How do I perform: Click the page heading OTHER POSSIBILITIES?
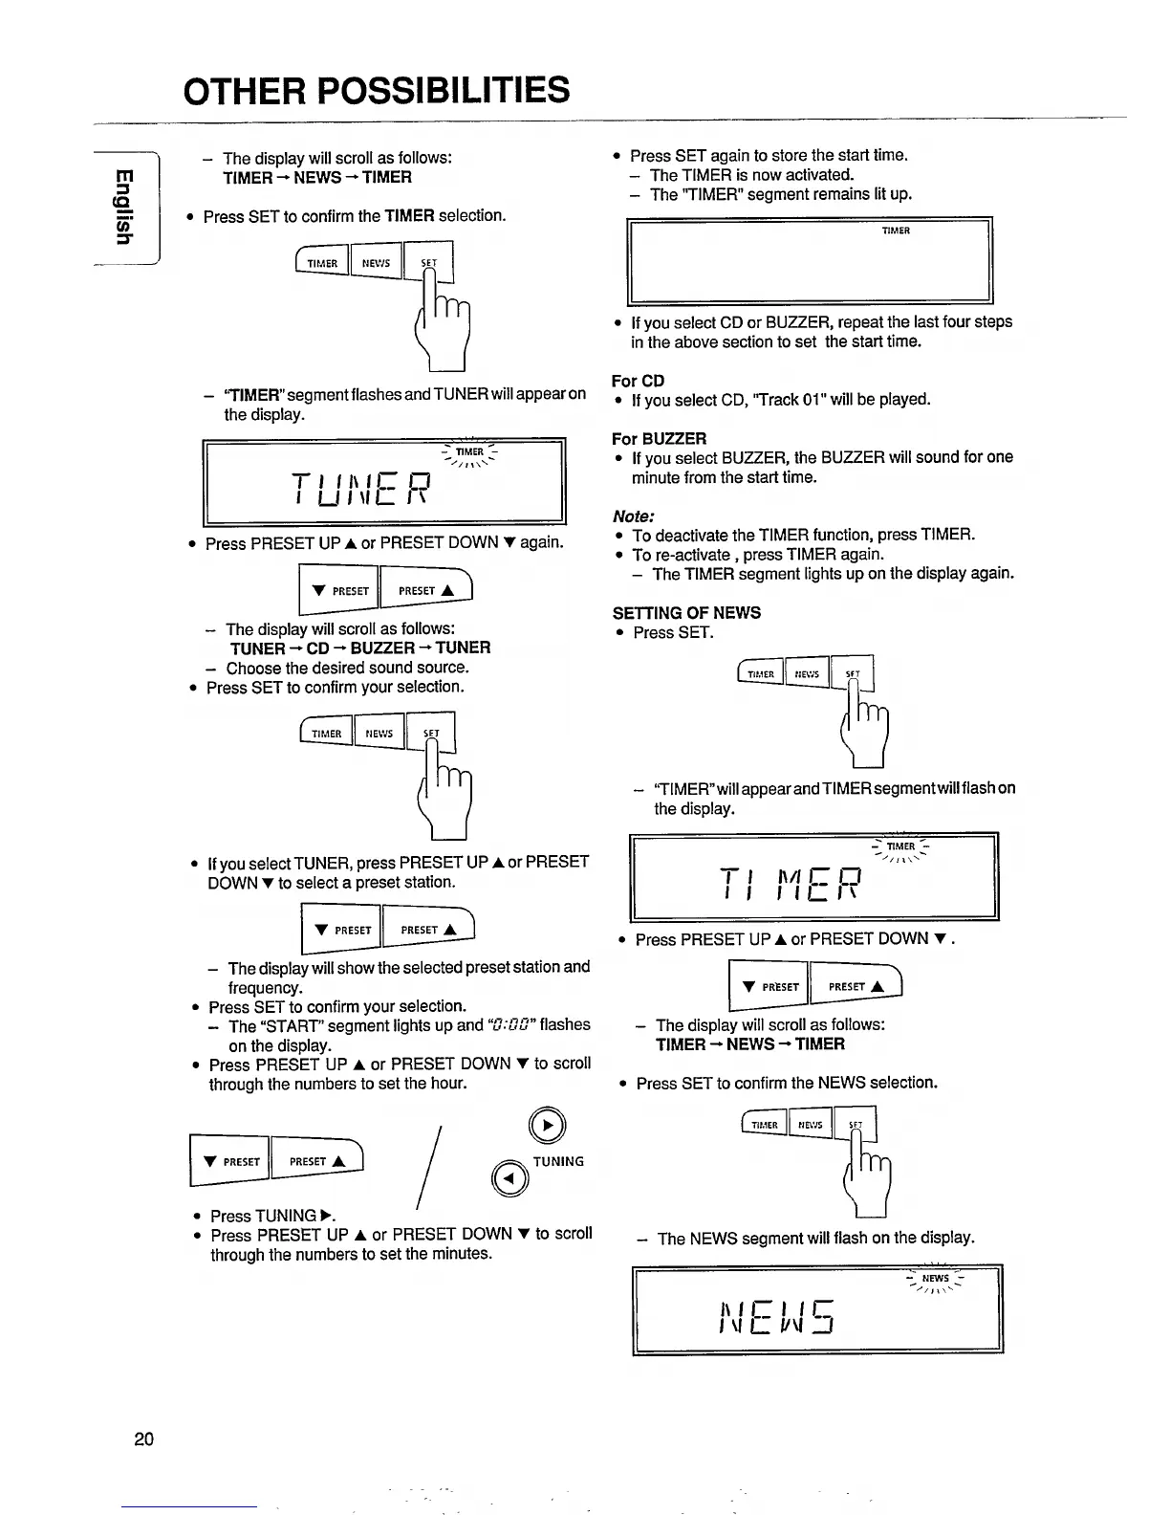coord(377,91)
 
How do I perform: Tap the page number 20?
coord(144,1438)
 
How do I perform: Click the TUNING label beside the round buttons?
coord(558,1161)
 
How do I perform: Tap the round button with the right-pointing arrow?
coord(546,1126)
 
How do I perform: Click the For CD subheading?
coord(638,381)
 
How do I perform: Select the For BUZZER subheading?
coord(659,439)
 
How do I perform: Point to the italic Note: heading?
coord(634,516)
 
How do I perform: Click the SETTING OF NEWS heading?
coord(686,613)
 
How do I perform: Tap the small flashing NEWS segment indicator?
coord(935,1279)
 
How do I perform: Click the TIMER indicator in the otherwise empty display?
coord(896,231)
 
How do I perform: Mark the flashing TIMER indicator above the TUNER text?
coord(469,452)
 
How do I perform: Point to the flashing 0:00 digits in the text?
coord(511,1025)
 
